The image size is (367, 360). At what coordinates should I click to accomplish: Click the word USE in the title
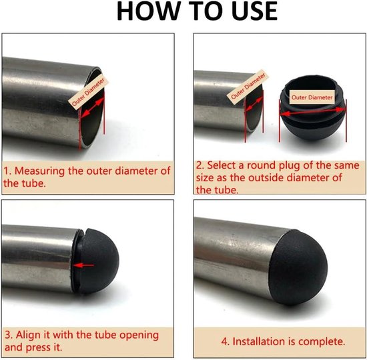[256, 11]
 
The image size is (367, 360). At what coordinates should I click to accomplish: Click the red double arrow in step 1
[93, 107]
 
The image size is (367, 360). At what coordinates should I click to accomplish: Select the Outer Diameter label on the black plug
[312, 97]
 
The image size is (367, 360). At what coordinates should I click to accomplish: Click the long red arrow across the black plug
[313, 111]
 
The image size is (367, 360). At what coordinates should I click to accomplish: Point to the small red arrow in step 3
[84, 265]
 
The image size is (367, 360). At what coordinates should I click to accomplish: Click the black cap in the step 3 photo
[97, 261]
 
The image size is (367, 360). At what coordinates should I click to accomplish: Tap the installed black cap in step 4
[298, 267]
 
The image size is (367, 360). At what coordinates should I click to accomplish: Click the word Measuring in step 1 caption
[39, 171]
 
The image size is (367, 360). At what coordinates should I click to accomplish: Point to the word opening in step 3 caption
[139, 335]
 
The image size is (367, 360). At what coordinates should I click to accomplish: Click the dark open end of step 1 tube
[93, 110]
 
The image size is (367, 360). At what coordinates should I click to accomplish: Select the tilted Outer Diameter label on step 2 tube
[248, 87]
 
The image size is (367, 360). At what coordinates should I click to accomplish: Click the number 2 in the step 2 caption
[200, 165]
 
